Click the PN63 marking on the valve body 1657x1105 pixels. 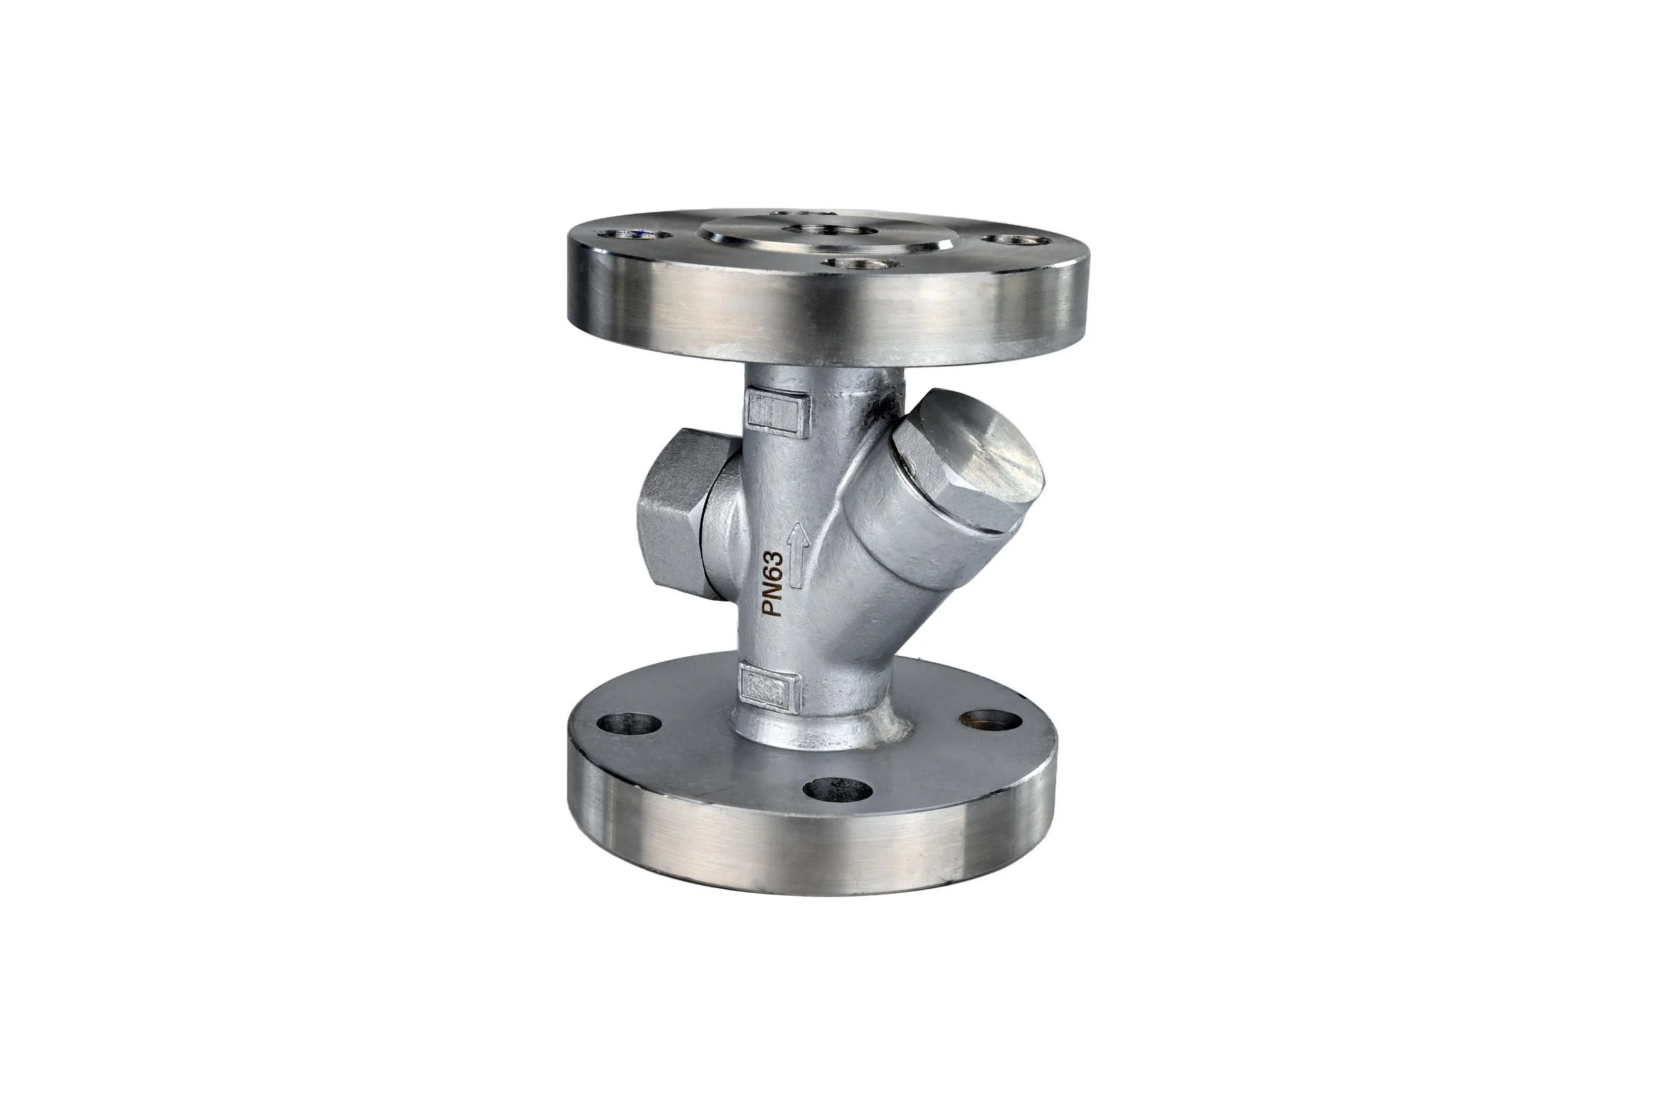tap(774, 584)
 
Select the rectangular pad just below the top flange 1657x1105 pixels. tap(778, 412)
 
